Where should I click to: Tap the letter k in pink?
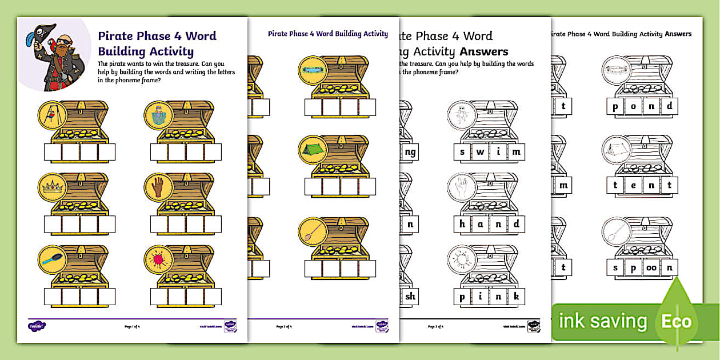(516, 297)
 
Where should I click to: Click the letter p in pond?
(615, 106)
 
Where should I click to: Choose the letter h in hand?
(462, 224)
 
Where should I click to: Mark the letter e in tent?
(633, 185)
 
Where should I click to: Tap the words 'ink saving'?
(603, 321)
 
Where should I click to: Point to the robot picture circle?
(158, 114)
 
